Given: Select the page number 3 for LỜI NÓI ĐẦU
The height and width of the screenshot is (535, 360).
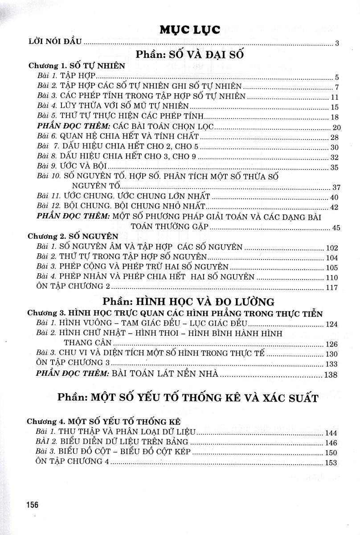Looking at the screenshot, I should (x=337, y=43).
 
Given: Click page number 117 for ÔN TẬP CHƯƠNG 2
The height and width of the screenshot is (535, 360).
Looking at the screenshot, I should (x=332, y=288).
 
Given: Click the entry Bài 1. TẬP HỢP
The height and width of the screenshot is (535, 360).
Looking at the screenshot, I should (x=65, y=76).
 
